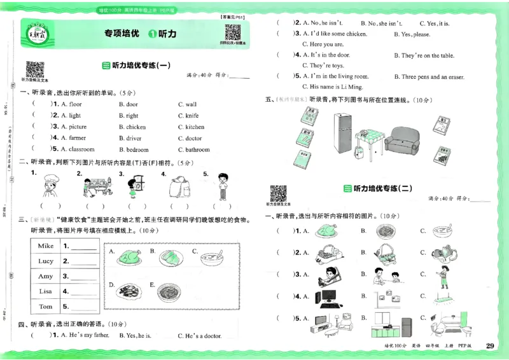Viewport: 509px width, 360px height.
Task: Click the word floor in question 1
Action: pos(75,104)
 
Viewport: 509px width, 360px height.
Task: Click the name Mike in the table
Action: pos(46,246)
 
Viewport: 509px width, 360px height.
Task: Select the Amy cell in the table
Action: pos(46,277)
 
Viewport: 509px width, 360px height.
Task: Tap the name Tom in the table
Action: pos(46,307)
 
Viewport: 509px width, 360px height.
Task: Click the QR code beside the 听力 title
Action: pos(232,32)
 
